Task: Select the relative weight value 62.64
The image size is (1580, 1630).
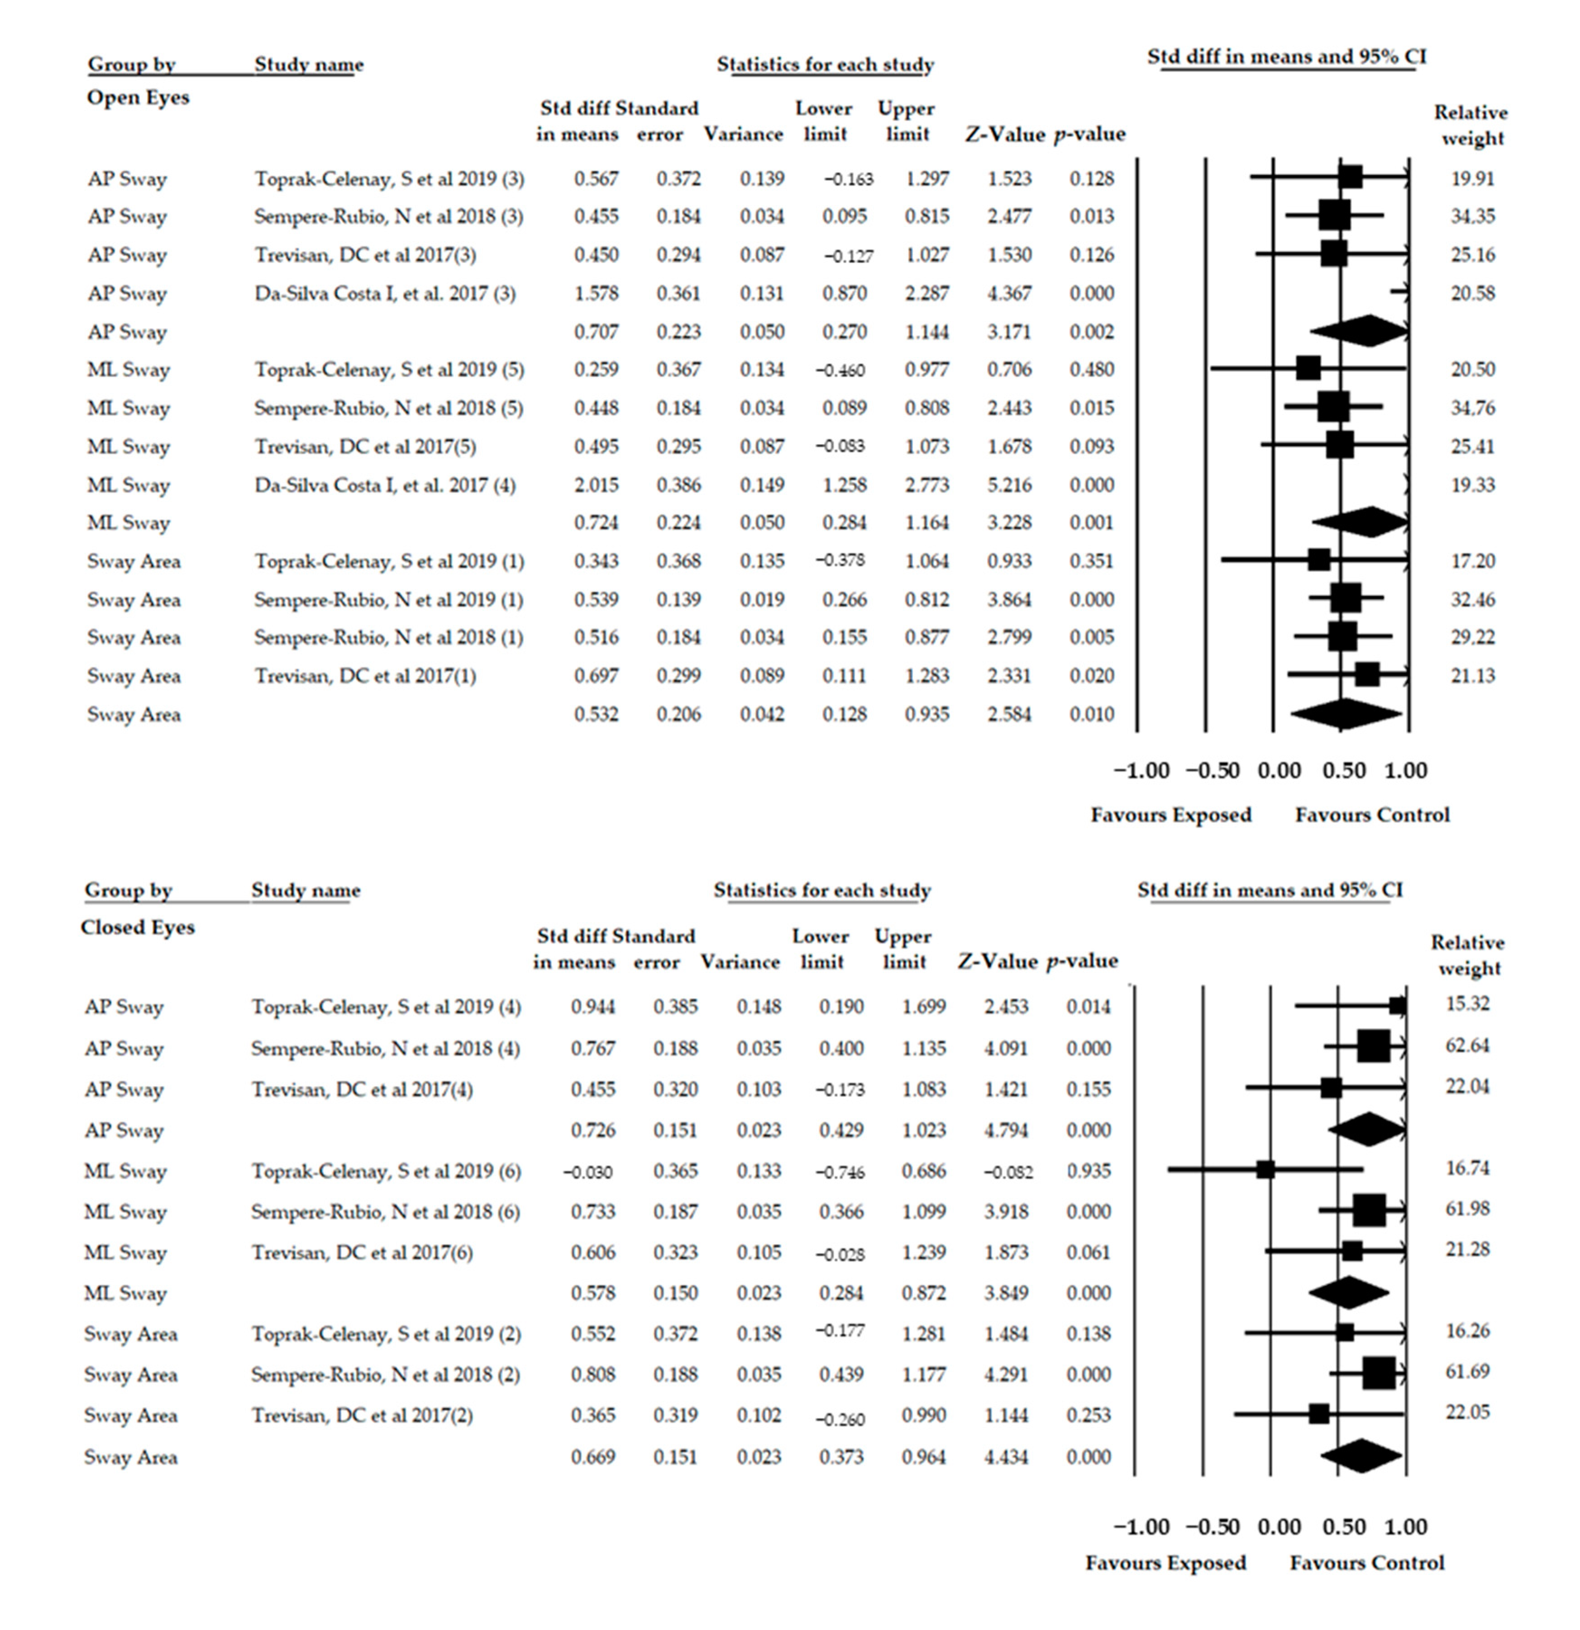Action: pos(1467,1045)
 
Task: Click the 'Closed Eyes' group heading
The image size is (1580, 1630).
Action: pos(137,927)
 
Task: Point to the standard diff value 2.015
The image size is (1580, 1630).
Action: pos(596,485)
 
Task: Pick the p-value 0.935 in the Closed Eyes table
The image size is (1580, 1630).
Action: pos(1088,1171)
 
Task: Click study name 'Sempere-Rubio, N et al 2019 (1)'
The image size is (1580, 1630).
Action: pos(388,600)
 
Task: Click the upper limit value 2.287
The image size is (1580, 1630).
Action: pos(926,294)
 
